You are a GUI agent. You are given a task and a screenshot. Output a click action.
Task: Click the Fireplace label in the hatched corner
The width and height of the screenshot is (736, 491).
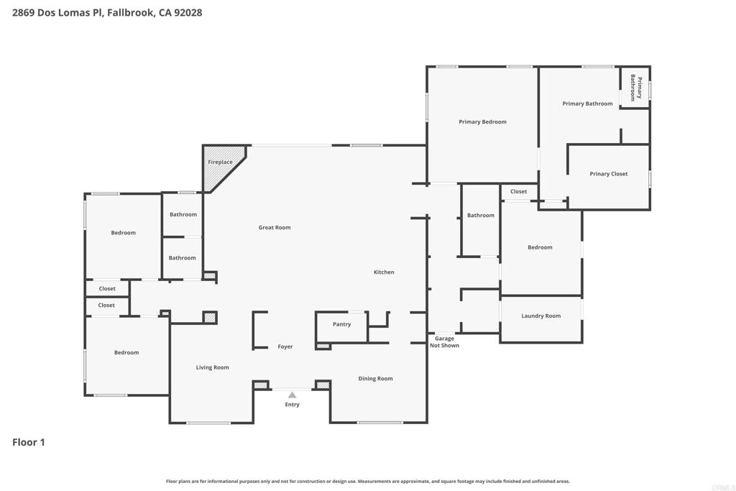[x=220, y=162]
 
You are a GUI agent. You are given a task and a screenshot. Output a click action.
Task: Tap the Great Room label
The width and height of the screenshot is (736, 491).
[x=275, y=228]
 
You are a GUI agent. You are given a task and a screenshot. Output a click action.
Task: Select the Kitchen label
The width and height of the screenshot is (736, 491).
[x=384, y=272]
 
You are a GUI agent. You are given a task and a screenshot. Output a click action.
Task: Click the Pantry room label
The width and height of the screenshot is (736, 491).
[x=342, y=324]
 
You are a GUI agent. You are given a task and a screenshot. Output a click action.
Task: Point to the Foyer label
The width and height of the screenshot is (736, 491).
[x=285, y=347]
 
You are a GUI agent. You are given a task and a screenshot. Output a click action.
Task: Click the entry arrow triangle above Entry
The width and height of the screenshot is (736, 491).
[x=292, y=395]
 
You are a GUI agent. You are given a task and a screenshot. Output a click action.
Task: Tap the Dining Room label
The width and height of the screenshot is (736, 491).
[x=375, y=379]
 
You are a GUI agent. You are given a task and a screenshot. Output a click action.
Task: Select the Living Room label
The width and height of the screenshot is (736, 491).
[x=213, y=368]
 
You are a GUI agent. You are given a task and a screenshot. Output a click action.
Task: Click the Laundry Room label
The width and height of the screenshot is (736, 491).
[x=541, y=316]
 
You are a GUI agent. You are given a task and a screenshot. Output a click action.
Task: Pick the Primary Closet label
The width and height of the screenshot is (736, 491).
[x=609, y=174]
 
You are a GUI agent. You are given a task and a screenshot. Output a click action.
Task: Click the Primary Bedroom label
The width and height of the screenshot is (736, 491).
[x=483, y=122]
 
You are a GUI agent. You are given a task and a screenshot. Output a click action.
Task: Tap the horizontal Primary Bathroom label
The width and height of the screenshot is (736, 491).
[x=587, y=104]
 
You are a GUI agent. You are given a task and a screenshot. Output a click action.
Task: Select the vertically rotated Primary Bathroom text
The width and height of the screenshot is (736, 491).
[x=635, y=88]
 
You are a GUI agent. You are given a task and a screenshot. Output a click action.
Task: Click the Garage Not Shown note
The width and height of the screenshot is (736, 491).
[x=444, y=342]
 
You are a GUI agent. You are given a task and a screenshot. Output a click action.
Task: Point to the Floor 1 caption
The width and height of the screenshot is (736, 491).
[x=29, y=442]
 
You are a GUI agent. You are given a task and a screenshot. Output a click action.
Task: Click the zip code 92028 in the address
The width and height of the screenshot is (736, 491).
[x=186, y=12]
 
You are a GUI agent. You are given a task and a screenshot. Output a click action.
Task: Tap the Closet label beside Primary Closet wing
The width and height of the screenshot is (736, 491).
[x=519, y=192]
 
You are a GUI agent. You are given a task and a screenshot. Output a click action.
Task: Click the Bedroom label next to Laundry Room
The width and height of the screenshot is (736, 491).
[x=540, y=248]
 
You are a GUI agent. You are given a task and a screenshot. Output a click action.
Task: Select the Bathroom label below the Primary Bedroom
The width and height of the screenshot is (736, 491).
[x=481, y=216]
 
